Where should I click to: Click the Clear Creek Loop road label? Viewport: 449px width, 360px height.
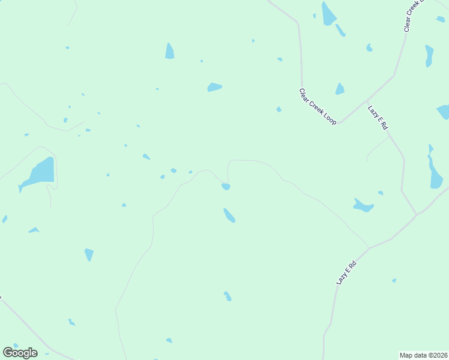pyautogui.click(x=318, y=106)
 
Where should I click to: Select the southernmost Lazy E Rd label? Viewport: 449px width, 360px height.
pyautogui.click(x=346, y=272)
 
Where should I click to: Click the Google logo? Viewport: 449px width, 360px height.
pyautogui.click(x=20, y=353)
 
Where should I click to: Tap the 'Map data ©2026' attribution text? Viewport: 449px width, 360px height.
pyautogui.click(x=423, y=355)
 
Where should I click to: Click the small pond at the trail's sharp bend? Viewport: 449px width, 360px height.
pyautogui.click(x=226, y=187)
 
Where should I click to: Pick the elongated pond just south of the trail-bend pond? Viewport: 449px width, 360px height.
pyautogui.click(x=229, y=215)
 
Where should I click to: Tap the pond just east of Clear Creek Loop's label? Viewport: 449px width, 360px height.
pyautogui.click(x=340, y=89)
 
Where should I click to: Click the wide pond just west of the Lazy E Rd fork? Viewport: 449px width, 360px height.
pyautogui.click(x=363, y=206)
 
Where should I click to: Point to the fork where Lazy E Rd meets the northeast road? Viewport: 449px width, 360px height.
pyautogui.click(x=417, y=214)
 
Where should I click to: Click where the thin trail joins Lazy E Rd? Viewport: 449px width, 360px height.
pyautogui.click(x=369, y=248)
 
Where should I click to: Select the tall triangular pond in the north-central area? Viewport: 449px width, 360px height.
pyautogui.click(x=170, y=52)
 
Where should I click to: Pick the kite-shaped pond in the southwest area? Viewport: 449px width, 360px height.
pyautogui.click(x=89, y=254)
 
